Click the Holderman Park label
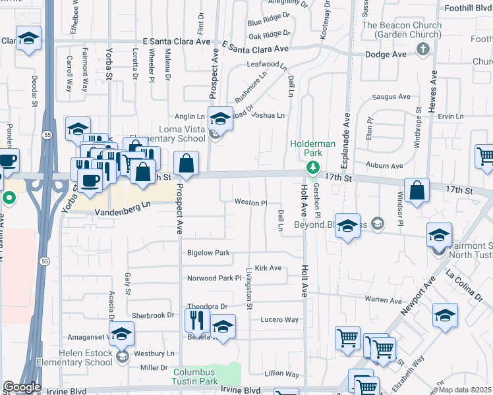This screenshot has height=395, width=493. click(x=313, y=148)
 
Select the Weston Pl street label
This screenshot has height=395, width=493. click(x=250, y=203)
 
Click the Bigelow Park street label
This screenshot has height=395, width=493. click(x=208, y=253)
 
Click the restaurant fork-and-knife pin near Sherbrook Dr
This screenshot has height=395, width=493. click(x=197, y=321)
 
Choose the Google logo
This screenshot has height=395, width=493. click(x=22, y=387)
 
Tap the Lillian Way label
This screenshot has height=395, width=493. click(x=283, y=373)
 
